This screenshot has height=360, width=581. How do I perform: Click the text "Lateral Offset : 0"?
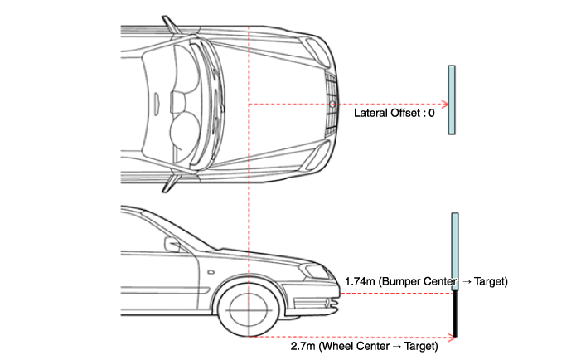[395, 113]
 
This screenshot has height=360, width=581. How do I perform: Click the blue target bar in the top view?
[452, 100]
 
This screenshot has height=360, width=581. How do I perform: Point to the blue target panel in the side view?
[455, 251]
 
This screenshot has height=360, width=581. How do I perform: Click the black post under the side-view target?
[455, 314]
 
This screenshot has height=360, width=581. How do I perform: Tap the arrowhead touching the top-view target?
[445, 105]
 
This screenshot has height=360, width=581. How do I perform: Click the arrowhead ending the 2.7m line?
[452, 337]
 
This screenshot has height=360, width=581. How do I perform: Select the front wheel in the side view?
[249, 310]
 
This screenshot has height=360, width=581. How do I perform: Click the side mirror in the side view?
[172, 245]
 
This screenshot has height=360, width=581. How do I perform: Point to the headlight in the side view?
[316, 271]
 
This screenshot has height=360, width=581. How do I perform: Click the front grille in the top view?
[332, 105]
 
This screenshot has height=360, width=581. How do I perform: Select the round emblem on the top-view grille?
[332, 105]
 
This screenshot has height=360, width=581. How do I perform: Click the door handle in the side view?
[211, 273]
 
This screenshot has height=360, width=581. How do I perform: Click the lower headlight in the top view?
[315, 156]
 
